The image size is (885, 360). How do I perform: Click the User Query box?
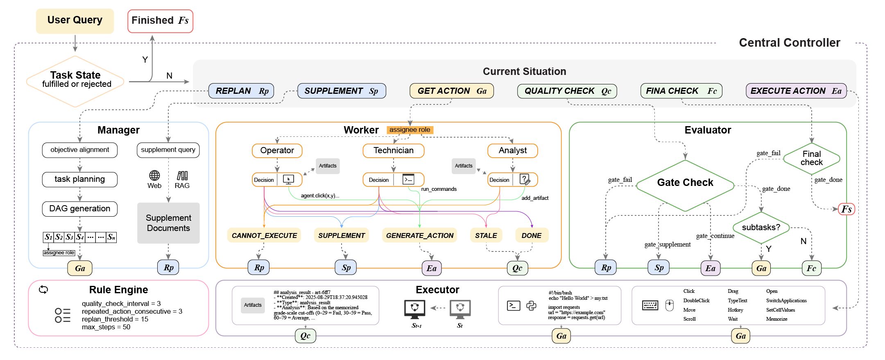click(x=75, y=20)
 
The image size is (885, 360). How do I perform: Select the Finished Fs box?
click(x=160, y=21)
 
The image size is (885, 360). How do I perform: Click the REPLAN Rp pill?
click(x=241, y=91)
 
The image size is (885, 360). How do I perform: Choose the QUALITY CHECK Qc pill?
click(x=567, y=91)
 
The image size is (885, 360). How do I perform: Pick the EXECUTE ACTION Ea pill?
click(x=796, y=91)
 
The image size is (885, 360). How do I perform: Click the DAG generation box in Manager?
click(x=80, y=209)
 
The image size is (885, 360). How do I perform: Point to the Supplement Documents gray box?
click(x=168, y=223)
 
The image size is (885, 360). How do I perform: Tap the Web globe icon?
click(x=154, y=176)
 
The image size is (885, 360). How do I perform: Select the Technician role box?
click(x=393, y=151)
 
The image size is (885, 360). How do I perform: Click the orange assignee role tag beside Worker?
click(x=410, y=130)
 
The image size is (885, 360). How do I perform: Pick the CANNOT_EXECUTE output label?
click(x=264, y=235)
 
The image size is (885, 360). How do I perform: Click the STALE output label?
click(x=486, y=235)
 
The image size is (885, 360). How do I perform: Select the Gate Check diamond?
click(x=685, y=183)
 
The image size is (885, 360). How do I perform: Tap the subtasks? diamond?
click(x=761, y=227)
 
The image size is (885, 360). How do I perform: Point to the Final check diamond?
click(x=811, y=158)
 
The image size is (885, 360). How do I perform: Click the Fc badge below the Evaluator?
click(x=811, y=268)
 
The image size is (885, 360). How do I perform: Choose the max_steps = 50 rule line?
click(x=106, y=327)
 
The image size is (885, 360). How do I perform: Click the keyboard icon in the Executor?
click(x=650, y=306)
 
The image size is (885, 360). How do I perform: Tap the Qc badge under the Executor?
click(x=306, y=336)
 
